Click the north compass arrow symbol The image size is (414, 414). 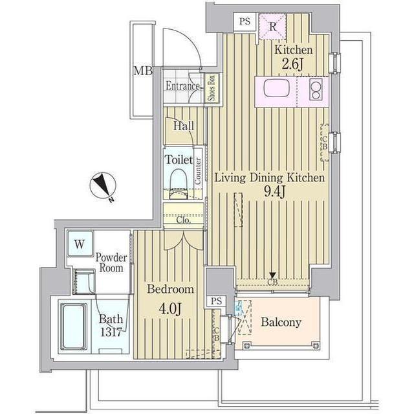pos(102,187)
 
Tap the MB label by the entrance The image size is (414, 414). pos(142,71)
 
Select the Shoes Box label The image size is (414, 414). pos(212,87)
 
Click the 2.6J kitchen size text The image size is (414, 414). pos(293,63)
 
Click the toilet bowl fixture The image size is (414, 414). pos(177,182)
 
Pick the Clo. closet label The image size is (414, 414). pos(184,220)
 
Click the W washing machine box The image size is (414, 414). pos(79,244)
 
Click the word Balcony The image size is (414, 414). pos(281,322)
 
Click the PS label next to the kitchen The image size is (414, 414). pos(245,21)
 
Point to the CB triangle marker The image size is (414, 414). pos(273,275)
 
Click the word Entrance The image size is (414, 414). pos(182,86)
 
